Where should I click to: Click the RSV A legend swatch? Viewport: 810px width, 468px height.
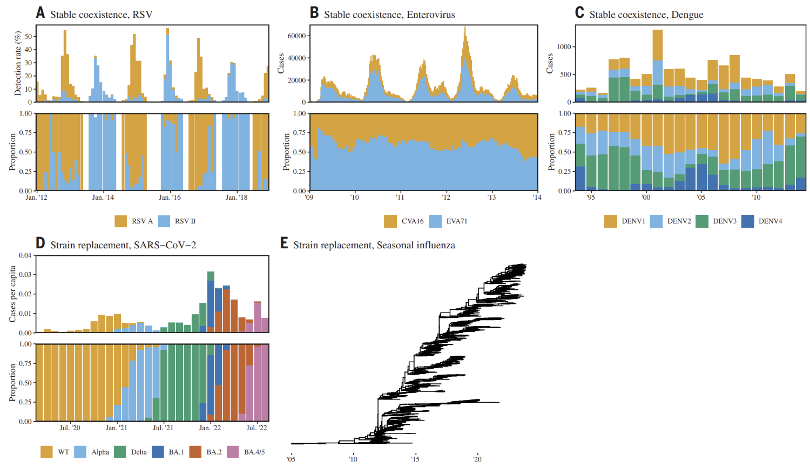click(120, 221)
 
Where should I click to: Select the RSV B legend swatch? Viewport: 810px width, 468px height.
click(164, 221)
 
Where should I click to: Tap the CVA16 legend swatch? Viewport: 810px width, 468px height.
click(390, 221)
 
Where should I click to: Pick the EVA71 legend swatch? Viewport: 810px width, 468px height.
click(435, 221)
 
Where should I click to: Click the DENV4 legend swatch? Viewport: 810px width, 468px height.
click(747, 221)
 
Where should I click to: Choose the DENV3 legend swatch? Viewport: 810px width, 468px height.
click(702, 221)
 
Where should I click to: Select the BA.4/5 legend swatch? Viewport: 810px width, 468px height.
click(233, 452)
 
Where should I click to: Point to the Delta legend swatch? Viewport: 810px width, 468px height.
click(120, 452)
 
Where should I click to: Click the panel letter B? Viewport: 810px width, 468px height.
click(314, 12)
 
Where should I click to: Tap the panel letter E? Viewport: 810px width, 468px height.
click(284, 243)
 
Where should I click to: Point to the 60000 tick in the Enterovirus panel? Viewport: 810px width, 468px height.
click(296, 36)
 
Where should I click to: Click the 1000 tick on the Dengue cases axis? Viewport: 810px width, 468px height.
click(564, 47)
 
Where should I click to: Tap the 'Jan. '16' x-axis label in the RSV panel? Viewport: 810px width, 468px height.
click(170, 198)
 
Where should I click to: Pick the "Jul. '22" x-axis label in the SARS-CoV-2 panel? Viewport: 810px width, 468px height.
click(256, 428)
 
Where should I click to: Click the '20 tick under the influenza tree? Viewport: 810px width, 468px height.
click(477, 459)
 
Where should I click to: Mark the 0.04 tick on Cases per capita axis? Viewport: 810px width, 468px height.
click(25, 255)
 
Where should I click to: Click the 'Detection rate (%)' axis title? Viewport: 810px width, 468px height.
click(18, 63)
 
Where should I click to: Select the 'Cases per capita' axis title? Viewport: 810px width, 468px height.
click(12, 294)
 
